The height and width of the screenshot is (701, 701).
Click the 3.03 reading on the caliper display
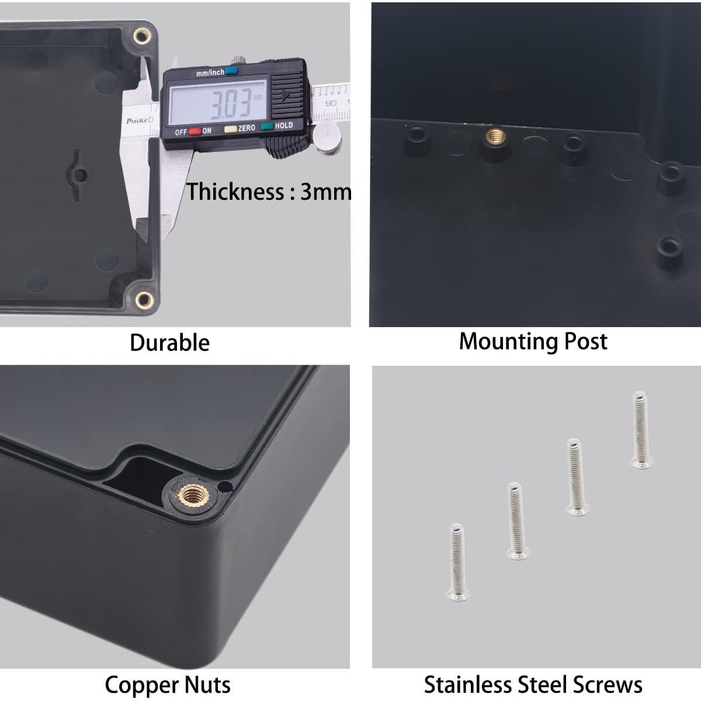pos(230,103)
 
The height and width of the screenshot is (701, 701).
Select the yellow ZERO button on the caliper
pos(231,129)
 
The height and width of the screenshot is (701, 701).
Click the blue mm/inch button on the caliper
pos(232,72)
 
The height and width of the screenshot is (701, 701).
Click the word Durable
pos(169,343)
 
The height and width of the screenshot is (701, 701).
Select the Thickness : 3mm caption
pos(269,192)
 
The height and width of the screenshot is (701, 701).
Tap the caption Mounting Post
pos(533,342)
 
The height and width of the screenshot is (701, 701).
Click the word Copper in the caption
pos(141,685)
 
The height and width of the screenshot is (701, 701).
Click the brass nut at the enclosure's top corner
pos(141,38)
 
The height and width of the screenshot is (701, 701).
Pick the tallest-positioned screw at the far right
pos(641,430)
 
